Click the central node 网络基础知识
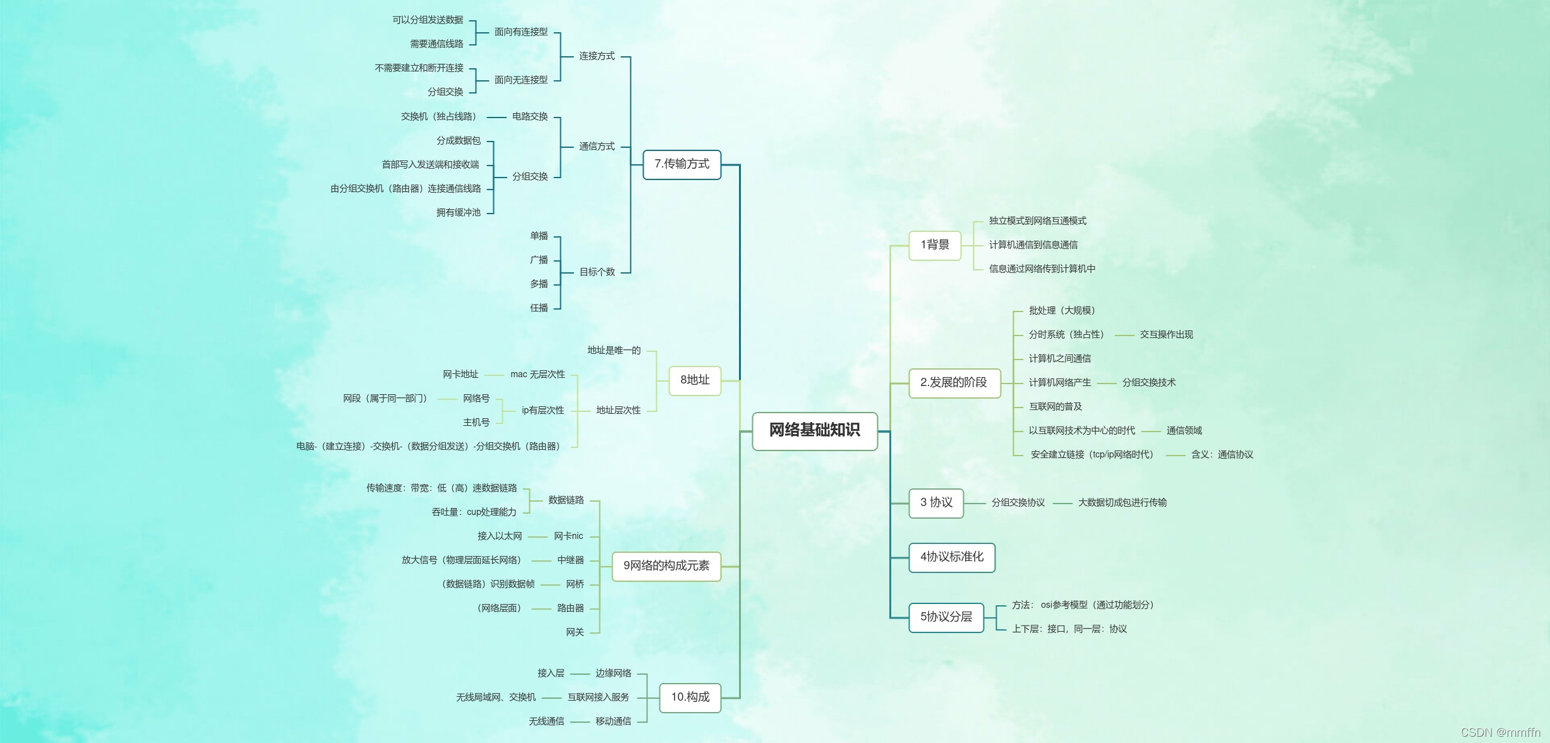(x=814, y=431)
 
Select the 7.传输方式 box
(x=682, y=164)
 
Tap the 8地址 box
(x=695, y=380)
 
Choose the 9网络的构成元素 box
(x=666, y=566)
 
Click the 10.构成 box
(x=690, y=698)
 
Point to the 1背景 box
(x=935, y=245)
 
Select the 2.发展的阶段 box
(x=954, y=383)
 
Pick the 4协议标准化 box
(x=951, y=557)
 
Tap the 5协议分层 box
(x=946, y=617)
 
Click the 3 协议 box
(x=936, y=503)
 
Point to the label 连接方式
(x=597, y=56)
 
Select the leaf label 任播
(x=539, y=308)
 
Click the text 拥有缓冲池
(x=459, y=213)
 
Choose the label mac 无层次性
(x=538, y=375)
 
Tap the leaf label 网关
(x=575, y=632)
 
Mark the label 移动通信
(x=613, y=722)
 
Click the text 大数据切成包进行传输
(x=1122, y=503)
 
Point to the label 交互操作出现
(x=1166, y=335)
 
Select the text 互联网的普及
(x=1055, y=407)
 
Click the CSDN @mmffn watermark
(x=1500, y=732)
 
